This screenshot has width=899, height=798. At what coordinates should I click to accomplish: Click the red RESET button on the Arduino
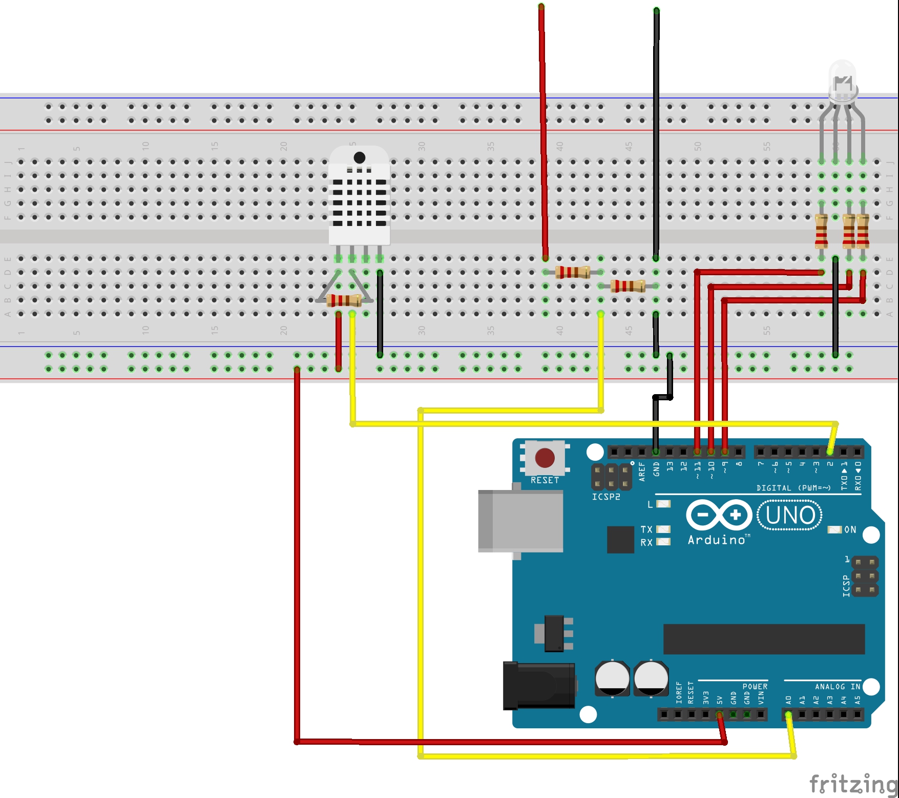click(545, 457)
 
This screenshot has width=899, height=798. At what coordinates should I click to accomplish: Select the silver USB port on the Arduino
click(520, 521)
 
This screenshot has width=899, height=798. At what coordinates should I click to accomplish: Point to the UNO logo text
click(789, 515)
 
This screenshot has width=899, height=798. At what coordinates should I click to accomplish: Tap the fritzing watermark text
click(853, 784)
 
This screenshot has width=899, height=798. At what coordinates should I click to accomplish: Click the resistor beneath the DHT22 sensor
click(344, 300)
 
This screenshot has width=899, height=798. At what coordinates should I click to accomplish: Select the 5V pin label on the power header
click(719, 700)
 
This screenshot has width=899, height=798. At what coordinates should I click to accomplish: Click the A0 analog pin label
click(788, 700)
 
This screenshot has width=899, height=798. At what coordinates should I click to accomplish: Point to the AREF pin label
click(642, 470)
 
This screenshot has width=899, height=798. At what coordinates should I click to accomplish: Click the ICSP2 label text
click(605, 497)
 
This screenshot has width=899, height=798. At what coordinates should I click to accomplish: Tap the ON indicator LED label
click(850, 529)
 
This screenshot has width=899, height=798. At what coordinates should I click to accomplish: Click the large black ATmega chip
click(763, 639)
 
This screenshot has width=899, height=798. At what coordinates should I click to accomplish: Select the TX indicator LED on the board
click(663, 529)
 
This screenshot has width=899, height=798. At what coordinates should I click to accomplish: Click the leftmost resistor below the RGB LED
click(821, 231)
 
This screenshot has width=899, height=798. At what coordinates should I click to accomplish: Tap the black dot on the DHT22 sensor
click(360, 157)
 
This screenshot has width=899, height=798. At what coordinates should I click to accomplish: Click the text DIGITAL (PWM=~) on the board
click(793, 488)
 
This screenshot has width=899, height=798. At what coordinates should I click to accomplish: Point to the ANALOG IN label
click(837, 686)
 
